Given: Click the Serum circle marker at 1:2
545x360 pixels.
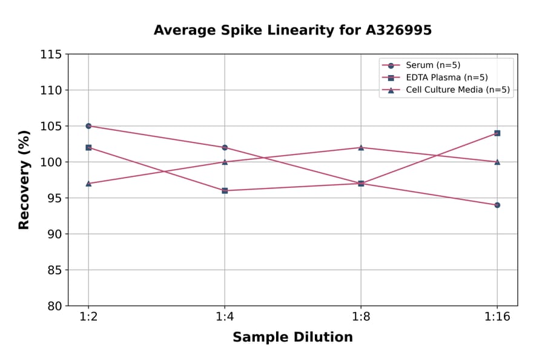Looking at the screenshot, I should point(88,126).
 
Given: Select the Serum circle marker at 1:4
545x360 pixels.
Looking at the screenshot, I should point(225,147).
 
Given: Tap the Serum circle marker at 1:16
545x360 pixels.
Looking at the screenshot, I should point(497,205).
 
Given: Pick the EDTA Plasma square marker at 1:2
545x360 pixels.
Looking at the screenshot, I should point(88,147).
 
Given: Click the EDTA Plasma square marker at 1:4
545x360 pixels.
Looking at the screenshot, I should point(225,190).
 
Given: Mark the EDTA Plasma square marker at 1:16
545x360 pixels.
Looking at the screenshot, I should point(497,133).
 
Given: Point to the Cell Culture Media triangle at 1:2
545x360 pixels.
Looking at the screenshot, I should point(88,183).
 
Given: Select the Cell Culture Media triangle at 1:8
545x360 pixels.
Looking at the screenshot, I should point(361,147).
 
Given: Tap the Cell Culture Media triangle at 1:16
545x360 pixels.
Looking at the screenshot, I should point(497,162).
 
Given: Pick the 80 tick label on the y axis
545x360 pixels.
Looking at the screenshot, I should point(54,306).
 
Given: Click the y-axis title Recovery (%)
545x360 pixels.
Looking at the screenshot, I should point(24,180).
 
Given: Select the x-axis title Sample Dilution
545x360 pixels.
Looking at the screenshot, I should point(292,338).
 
